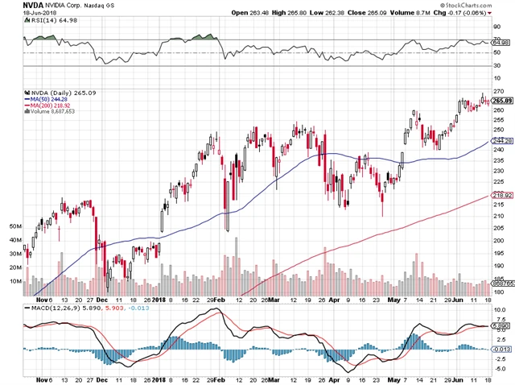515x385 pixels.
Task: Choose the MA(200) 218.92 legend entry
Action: point(54,107)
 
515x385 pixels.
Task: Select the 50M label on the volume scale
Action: point(14,228)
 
